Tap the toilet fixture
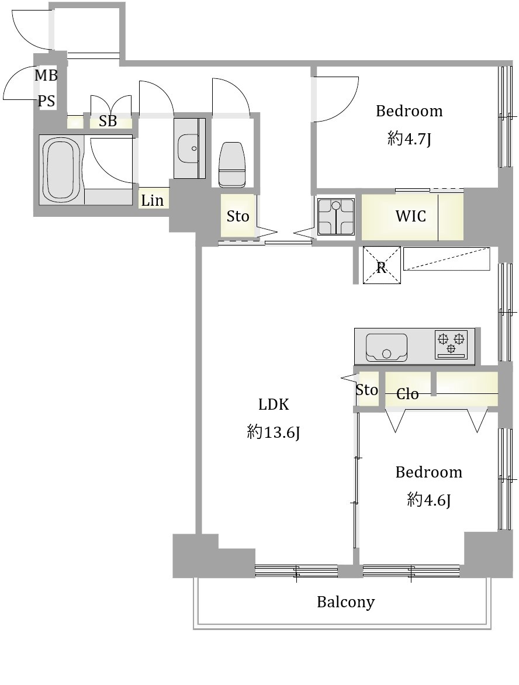click(x=232, y=165)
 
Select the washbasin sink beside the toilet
click(x=189, y=148)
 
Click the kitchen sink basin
click(x=386, y=348)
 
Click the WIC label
click(x=410, y=216)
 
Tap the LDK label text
click(x=274, y=404)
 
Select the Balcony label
click(x=345, y=602)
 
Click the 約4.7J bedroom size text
click(x=409, y=139)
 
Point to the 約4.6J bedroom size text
click(x=428, y=500)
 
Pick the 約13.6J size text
click(x=274, y=433)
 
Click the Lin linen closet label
click(x=152, y=200)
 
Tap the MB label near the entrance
click(x=46, y=75)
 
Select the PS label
click(x=46, y=101)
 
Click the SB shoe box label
click(x=108, y=121)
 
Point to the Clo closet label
click(x=407, y=394)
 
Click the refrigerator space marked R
click(x=382, y=265)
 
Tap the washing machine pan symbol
click(x=335, y=216)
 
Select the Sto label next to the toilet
click(x=238, y=216)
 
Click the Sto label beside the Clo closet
click(x=366, y=389)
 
